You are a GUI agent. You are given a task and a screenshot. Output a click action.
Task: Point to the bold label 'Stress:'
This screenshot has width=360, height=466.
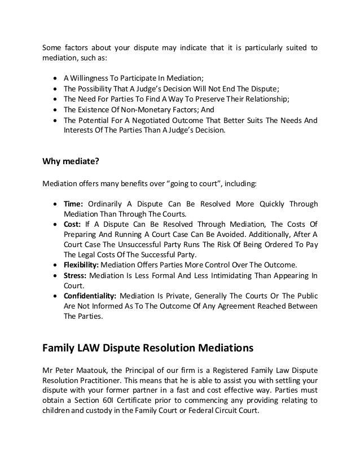(x=76, y=275)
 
